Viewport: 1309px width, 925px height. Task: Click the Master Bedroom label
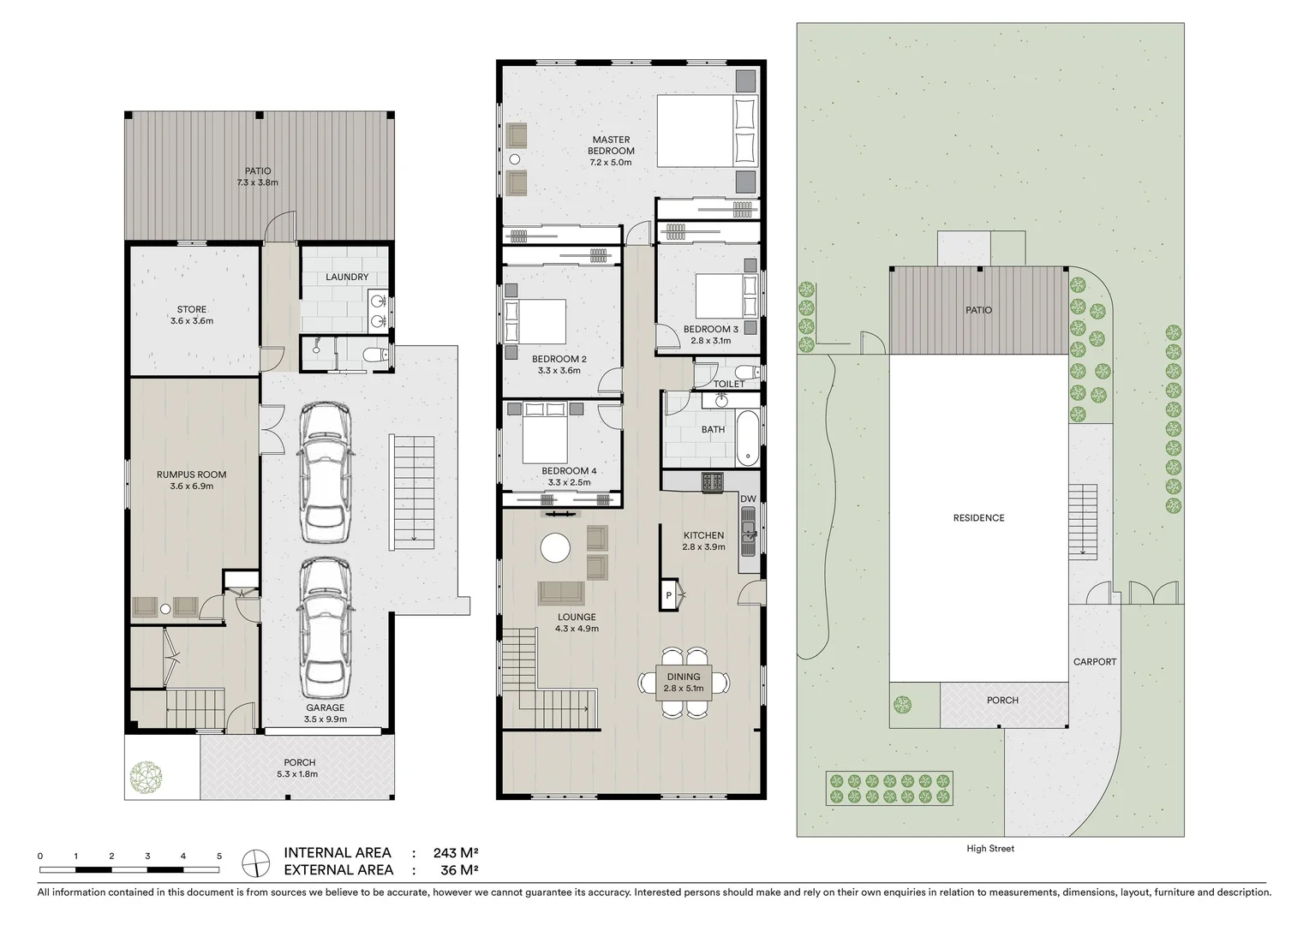pos(611,146)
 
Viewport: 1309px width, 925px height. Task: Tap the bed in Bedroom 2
pos(536,322)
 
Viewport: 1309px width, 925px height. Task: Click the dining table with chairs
pos(684,683)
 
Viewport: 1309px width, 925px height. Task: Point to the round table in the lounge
pos(555,548)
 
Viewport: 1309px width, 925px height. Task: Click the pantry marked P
pos(668,595)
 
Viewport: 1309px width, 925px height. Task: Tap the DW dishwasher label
pos(748,498)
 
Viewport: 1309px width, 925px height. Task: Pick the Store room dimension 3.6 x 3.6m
pos(192,321)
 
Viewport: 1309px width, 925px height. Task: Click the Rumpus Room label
pos(191,474)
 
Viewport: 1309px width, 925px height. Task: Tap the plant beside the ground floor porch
pos(146,777)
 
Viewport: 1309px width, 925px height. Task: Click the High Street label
pos(989,849)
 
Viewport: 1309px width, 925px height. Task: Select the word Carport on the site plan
pos(1095,661)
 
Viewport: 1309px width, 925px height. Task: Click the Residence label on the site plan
pos(978,518)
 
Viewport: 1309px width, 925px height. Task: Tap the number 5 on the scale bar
pos(219,856)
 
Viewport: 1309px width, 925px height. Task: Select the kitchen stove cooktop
pos(713,483)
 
